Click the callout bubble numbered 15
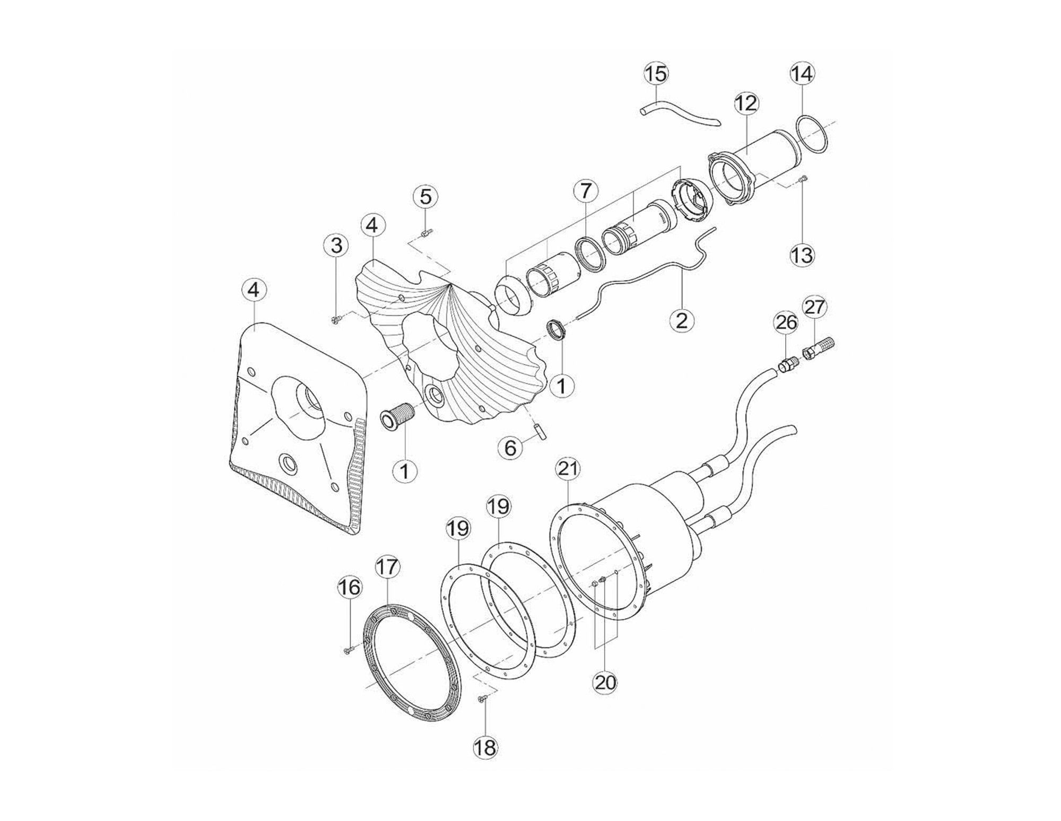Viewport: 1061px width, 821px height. pyautogui.click(x=656, y=74)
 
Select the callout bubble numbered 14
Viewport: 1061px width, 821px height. pyautogui.click(x=802, y=74)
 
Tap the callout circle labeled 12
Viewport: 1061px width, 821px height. pyautogui.click(x=746, y=104)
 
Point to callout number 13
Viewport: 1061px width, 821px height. pyautogui.click(x=802, y=255)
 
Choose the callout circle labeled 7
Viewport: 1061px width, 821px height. pyautogui.click(x=585, y=190)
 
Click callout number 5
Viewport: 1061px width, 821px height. pyautogui.click(x=425, y=197)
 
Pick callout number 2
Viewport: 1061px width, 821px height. pyautogui.click(x=682, y=320)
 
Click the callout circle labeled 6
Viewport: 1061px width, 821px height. pyautogui.click(x=510, y=448)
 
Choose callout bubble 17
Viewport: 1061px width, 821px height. pyautogui.click(x=386, y=567)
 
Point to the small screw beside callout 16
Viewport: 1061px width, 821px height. pyautogui.click(x=347, y=648)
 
